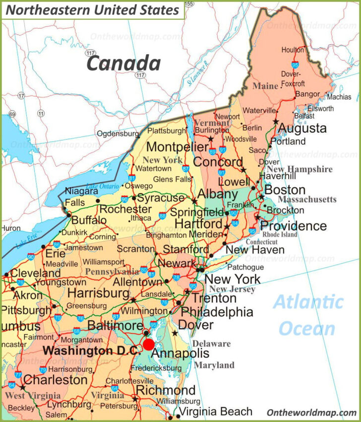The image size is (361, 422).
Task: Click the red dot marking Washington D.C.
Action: pyautogui.click(x=149, y=345)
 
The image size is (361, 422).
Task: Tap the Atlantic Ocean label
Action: pyautogui.click(x=308, y=315)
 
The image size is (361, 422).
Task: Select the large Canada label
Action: pyautogui.click(x=123, y=64)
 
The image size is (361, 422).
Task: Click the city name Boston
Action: pyautogui.click(x=285, y=190)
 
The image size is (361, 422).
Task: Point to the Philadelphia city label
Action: pyautogui.click(x=217, y=312)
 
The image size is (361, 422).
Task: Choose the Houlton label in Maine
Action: pyautogui.click(x=293, y=50)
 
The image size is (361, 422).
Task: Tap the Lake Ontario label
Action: pyautogui.click(x=99, y=187)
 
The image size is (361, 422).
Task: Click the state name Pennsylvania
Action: pyautogui.click(x=112, y=272)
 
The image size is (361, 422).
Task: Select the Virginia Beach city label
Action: pyautogui.click(x=215, y=412)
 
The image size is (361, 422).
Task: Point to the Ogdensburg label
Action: pyautogui.click(x=118, y=134)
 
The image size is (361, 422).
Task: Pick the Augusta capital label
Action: pyautogui.click(x=302, y=128)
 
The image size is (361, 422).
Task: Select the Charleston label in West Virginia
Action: pyautogui.click(x=56, y=380)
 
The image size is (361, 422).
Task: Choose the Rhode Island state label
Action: pyautogui.click(x=280, y=234)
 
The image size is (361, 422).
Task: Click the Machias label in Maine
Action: pyautogui.click(x=339, y=97)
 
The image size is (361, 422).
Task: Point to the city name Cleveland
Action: pyautogui.click(x=36, y=273)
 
